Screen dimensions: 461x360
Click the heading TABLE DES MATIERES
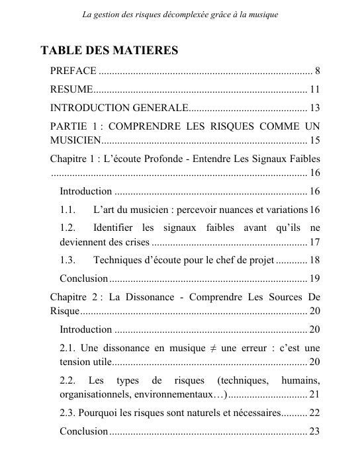109,51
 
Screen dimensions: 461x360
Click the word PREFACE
73,71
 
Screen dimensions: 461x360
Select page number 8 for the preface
318,71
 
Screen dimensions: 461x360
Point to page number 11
315,89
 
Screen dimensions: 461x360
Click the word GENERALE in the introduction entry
160,108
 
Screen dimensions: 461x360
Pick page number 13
315,108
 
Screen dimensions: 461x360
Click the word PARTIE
67,126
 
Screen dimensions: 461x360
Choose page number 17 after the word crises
315,241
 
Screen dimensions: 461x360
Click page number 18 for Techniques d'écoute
315,259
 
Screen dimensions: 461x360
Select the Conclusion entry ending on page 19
83,278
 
